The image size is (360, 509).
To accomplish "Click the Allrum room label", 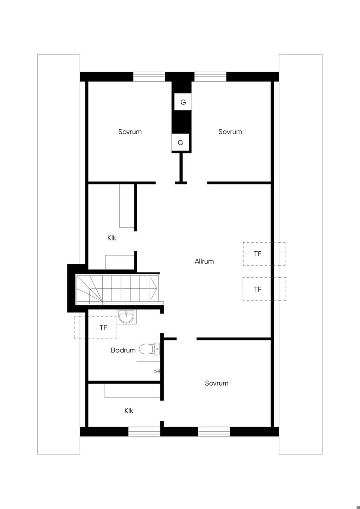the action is (204, 261).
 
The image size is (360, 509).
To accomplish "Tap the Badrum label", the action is (123, 350).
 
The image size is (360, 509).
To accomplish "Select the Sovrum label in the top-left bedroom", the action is (130, 132).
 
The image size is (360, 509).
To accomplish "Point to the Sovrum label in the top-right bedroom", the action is (230, 132).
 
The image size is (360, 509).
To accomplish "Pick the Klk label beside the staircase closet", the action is (111, 238).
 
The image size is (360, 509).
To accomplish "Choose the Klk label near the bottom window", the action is (129, 411).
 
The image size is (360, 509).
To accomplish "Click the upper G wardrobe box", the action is (183, 102).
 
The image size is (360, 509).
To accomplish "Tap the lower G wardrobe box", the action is (180, 142).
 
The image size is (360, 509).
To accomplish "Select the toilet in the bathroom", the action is (149, 349).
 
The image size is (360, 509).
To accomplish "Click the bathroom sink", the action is (126, 316).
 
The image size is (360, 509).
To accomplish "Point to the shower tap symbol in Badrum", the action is (157, 371).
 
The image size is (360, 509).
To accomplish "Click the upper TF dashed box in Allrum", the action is (264, 254).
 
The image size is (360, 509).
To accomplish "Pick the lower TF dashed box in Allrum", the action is (264, 289).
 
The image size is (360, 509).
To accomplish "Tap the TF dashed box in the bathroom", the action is (96, 328).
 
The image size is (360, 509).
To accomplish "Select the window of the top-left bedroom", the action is (149, 77).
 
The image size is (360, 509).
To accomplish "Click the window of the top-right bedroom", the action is (211, 77).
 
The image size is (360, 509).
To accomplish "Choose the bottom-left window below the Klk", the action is (144, 432).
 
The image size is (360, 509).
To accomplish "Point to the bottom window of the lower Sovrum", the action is (214, 432).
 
